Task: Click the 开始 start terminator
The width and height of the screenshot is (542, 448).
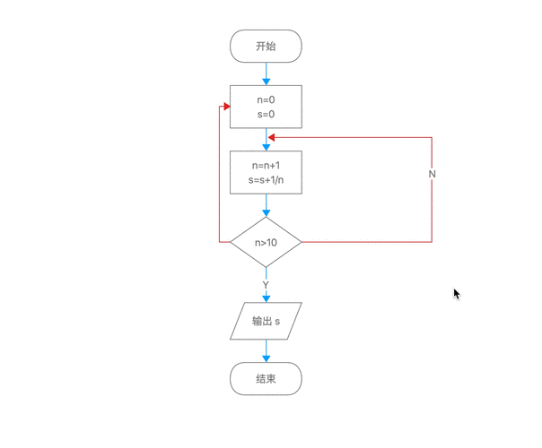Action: [x=266, y=47]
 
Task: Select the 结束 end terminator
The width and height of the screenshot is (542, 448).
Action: [x=266, y=379]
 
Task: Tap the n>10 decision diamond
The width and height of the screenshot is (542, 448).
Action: [x=266, y=242]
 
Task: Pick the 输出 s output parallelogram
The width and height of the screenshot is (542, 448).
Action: [x=266, y=321]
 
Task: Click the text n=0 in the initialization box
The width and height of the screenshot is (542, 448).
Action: [x=266, y=100]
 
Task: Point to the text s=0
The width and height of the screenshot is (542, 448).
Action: [x=266, y=115]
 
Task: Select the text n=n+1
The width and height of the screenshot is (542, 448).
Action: [x=266, y=166]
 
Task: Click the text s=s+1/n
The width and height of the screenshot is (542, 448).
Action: [x=266, y=180]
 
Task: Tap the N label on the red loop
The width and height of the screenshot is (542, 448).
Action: [x=432, y=174]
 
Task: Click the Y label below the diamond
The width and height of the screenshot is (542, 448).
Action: [x=266, y=285]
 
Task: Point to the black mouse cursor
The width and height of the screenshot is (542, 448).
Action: [x=456, y=293]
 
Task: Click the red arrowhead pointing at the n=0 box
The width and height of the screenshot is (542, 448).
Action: [x=226, y=107]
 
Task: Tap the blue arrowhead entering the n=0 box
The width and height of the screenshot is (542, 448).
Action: [x=266, y=82]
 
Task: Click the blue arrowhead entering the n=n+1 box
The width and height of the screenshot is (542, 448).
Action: [x=266, y=147]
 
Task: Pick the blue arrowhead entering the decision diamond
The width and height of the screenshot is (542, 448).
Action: [x=266, y=213]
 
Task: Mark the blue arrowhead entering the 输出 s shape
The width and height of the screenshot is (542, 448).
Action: [x=266, y=298]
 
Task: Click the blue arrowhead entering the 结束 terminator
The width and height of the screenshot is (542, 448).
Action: [x=266, y=359]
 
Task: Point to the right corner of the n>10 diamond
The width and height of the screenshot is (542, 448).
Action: [x=301, y=242]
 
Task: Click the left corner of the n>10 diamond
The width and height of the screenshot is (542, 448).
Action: [x=232, y=242]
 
